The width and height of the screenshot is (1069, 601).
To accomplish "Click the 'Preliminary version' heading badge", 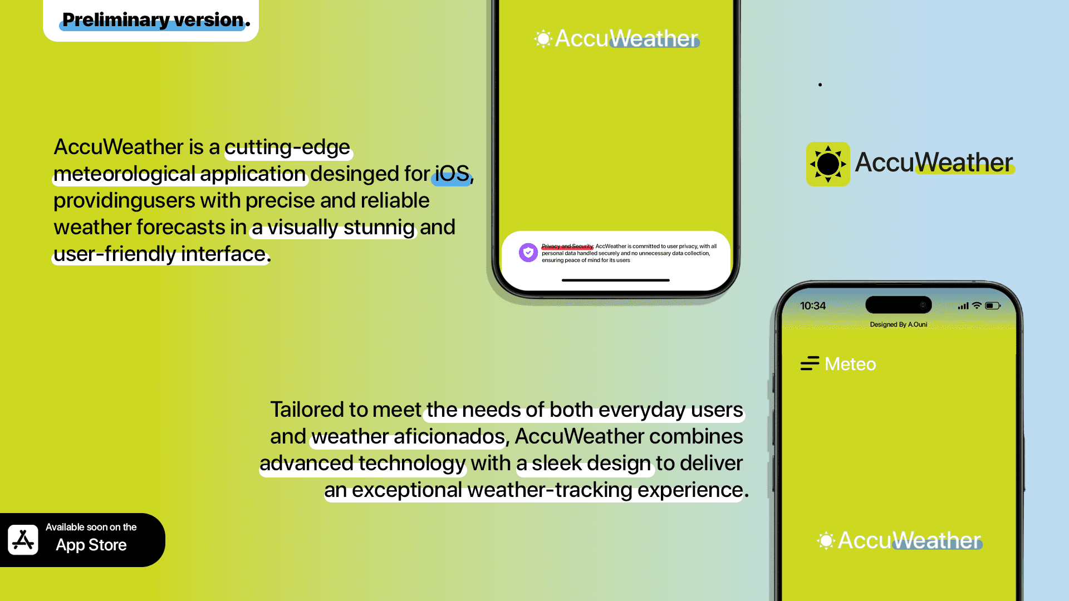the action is pyautogui.click(x=151, y=20).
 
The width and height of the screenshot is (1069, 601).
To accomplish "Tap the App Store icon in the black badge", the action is pyautogui.click(x=23, y=540).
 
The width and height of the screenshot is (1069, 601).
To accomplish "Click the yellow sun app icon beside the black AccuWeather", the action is pyautogui.click(x=828, y=164).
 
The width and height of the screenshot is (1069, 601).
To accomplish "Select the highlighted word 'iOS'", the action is pyautogui.click(x=452, y=174).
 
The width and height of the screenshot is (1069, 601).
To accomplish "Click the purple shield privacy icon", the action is pyautogui.click(x=528, y=252).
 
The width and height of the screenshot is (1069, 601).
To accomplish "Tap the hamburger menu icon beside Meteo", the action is pyautogui.click(x=810, y=363).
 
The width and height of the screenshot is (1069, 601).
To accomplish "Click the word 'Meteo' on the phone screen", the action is pyautogui.click(x=850, y=364).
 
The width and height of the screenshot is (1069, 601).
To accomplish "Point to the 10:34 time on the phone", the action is pyautogui.click(x=813, y=306).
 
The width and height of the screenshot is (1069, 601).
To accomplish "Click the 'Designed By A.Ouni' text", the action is pyautogui.click(x=899, y=324).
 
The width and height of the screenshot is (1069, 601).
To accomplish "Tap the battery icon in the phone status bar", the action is pyautogui.click(x=993, y=306).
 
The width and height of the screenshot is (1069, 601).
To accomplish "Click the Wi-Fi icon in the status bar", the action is pyautogui.click(x=977, y=306).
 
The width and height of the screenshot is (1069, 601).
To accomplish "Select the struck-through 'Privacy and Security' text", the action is pyautogui.click(x=567, y=246).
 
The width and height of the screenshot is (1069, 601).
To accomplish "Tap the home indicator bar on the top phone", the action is pyautogui.click(x=616, y=280).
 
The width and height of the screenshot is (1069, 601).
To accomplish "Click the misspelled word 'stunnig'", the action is pyautogui.click(x=379, y=228).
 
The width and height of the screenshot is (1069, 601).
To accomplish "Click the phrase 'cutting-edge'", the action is pyautogui.click(x=287, y=147).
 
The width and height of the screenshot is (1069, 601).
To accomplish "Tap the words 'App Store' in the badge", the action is pyautogui.click(x=91, y=545).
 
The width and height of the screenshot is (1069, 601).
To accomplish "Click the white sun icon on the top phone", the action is pyautogui.click(x=543, y=38).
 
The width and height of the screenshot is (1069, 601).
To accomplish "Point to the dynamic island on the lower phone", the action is pyautogui.click(x=899, y=305).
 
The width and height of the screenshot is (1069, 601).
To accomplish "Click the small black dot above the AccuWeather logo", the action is pyautogui.click(x=820, y=85).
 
